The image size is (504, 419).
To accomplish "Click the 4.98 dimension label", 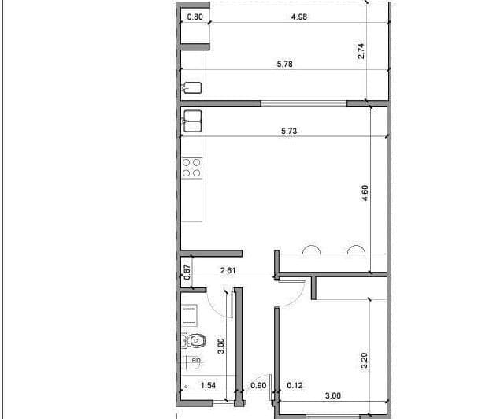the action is point(299,17).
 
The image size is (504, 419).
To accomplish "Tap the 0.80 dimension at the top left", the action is point(195,17).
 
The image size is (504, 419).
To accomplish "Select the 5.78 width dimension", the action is point(285,64).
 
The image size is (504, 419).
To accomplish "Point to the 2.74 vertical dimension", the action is point(361,51).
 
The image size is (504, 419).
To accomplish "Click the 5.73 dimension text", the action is point(289,131).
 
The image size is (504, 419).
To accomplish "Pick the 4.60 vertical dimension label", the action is point(365,193).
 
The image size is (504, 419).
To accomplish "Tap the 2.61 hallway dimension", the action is point(228,270).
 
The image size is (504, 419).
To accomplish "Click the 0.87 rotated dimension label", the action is point(187,272).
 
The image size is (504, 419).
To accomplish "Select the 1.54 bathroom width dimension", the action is point(208,385).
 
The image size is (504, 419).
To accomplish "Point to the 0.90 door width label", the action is point(258,385).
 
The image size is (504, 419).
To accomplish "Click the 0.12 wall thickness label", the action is point(295,385).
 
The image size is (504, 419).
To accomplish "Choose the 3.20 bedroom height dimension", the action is point(364,361).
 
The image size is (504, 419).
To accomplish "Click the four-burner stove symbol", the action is point(191,168).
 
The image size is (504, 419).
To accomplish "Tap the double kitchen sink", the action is point(192,121).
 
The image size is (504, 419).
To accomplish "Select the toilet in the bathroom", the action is point(195,340).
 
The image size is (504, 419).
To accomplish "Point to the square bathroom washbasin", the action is point(190,315).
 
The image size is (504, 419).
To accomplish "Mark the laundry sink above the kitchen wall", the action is point(192,87).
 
